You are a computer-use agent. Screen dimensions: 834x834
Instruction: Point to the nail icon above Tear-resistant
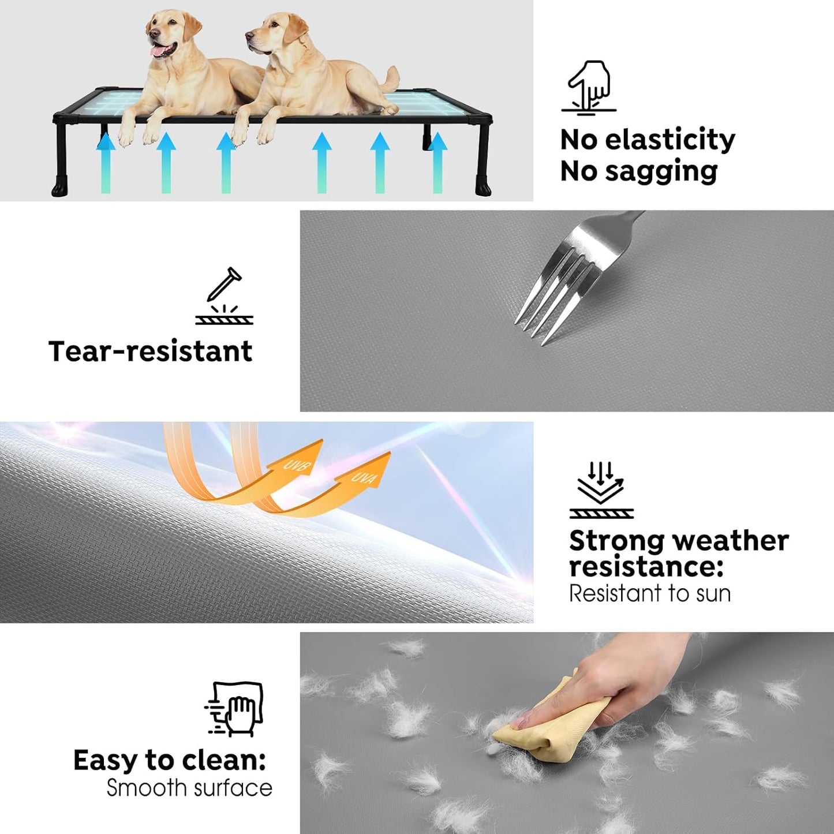point(225,296)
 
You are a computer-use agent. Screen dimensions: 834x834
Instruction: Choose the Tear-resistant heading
point(151,351)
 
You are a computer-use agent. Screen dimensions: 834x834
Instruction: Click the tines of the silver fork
point(545,300)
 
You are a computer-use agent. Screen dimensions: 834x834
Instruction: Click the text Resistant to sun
point(650,593)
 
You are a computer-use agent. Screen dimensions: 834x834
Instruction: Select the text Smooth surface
point(189,788)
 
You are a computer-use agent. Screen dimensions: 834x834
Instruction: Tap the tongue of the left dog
point(156,52)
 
